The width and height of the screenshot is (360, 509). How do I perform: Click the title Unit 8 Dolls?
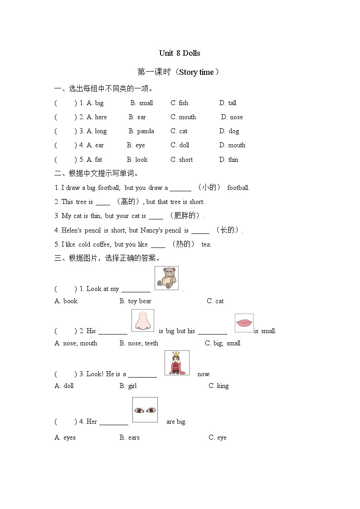(x=180, y=53)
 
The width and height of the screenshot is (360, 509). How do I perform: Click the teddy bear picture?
(x=166, y=278)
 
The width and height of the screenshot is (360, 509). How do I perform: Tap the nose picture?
(x=143, y=320)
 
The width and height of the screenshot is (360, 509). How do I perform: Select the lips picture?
(x=244, y=323)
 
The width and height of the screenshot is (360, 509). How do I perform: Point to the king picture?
(x=177, y=363)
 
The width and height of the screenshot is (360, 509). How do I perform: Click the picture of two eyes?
(x=145, y=410)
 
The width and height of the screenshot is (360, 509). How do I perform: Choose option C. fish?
(x=179, y=103)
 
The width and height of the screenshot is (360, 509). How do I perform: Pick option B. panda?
(x=141, y=131)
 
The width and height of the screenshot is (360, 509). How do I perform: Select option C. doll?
(x=180, y=145)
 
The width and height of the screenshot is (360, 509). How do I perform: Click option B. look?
(x=137, y=160)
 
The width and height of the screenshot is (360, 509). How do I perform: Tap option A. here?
(x=97, y=117)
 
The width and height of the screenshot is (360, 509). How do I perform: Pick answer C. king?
(x=219, y=386)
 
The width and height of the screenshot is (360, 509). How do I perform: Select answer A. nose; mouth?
(x=76, y=343)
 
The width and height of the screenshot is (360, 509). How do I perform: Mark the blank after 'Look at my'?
(x=136, y=289)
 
